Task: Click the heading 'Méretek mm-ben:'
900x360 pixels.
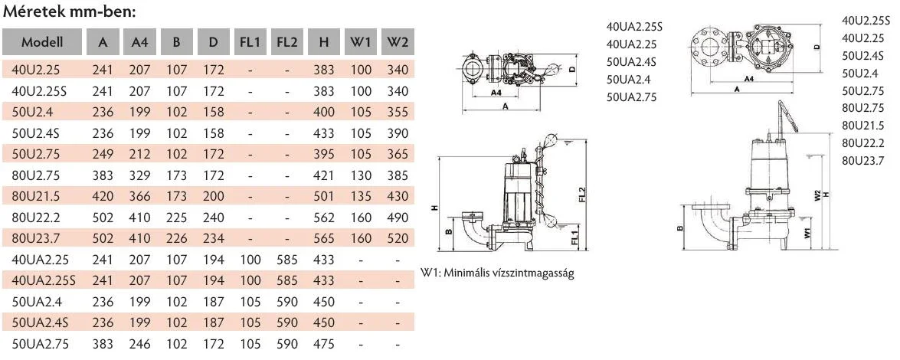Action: pyautogui.click(x=70, y=11)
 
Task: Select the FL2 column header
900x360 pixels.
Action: pyautogui.click(x=287, y=42)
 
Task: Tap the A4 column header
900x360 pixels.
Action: pyautogui.click(x=140, y=42)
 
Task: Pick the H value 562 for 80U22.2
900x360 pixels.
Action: pyautogui.click(x=324, y=218)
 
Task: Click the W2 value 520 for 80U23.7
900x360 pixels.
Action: pyautogui.click(x=398, y=238)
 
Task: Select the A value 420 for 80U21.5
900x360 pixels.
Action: pyautogui.click(x=103, y=196)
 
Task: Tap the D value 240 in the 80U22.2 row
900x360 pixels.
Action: pyautogui.click(x=214, y=218)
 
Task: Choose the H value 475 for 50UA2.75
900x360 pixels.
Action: pyautogui.click(x=324, y=344)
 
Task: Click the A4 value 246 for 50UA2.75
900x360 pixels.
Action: pyautogui.click(x=140, y=344)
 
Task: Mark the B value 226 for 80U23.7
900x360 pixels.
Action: pyautogui.click(x=177, y=238)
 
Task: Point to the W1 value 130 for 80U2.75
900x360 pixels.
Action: pyautogui.click(x=361, y=175)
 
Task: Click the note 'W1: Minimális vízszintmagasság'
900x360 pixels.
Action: pyautogui.click(x=497, y=273)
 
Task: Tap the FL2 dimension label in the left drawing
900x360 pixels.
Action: pyautogui.click(x=581, y=195)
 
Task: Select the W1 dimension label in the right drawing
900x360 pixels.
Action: pyautogui.click(x=807, y=233)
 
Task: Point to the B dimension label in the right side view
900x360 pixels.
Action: pyautogui.click(x=679, y=228)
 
